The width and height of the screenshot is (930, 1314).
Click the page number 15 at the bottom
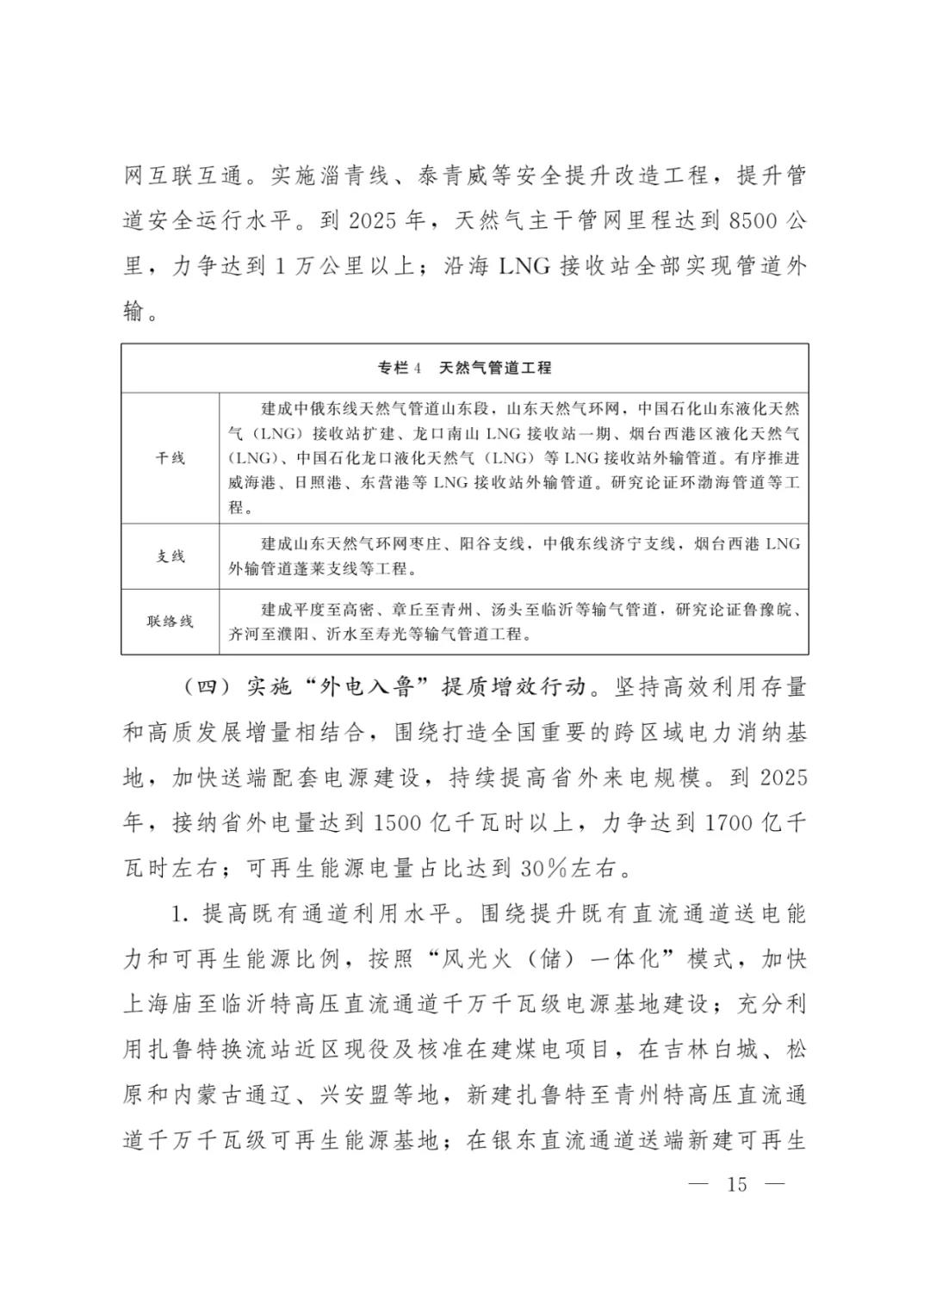(x=737, y=1184)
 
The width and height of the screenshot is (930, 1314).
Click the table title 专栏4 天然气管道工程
(x=464, y=368)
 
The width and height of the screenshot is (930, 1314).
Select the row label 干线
(x=170, y=458)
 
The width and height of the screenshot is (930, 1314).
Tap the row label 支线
(x=170, y=556)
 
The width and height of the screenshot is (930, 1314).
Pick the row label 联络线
(x=170, y=621)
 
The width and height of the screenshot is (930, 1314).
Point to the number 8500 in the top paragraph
(x=753, y=221)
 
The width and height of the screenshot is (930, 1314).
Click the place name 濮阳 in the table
(x=307, y=635)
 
